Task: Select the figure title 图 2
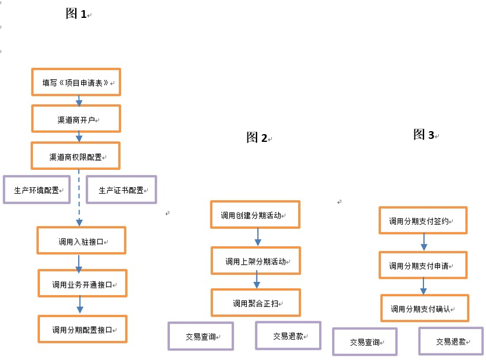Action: tap(257, 138)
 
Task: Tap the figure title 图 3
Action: tap(424, 135)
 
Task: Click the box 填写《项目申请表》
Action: tap(76, 82)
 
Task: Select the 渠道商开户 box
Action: tap(76, 119)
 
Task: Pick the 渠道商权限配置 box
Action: tap(76, 156)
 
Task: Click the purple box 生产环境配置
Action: tap(36, 190)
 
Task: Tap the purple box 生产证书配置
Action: tap(121, 190)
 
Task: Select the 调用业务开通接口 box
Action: tap(82, 284)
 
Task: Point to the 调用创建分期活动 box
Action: tap(255, 215)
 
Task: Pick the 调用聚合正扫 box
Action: tap(255, 302)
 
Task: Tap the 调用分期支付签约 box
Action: tap(423, 221)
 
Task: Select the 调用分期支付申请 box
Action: tap(423, 265)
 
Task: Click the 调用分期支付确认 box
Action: tap(425, 308)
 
